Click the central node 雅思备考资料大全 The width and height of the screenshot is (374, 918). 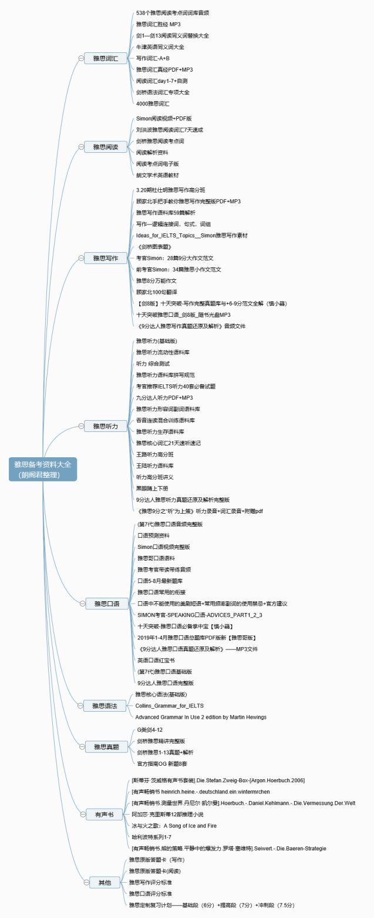click(x=43, y=469)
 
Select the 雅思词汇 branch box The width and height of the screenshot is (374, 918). click(x=106, y=58)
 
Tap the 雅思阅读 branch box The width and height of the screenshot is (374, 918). click(x=106, y=147)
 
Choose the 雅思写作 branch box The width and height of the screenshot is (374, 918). click(x=106, y=258)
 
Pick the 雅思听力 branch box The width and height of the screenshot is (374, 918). click(x=106, y=426)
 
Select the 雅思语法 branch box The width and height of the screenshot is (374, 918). click(x=106, y=705)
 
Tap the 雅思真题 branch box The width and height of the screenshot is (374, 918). click(x=106, y=746)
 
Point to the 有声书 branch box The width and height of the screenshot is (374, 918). click(x=104, y=815)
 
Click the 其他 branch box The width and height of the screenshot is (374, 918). click(x=104, y=882)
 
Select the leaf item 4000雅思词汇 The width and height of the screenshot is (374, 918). click(x=153, y=103)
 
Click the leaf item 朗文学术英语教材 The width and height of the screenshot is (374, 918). click(x=157, y=175)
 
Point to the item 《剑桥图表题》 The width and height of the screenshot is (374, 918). click(x=154, y=247)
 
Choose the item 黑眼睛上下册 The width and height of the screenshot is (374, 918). click(x=152, y=488)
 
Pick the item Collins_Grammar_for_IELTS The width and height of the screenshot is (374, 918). click(x=169, y=705)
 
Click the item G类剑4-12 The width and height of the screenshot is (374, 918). click(x=150, y=729)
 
